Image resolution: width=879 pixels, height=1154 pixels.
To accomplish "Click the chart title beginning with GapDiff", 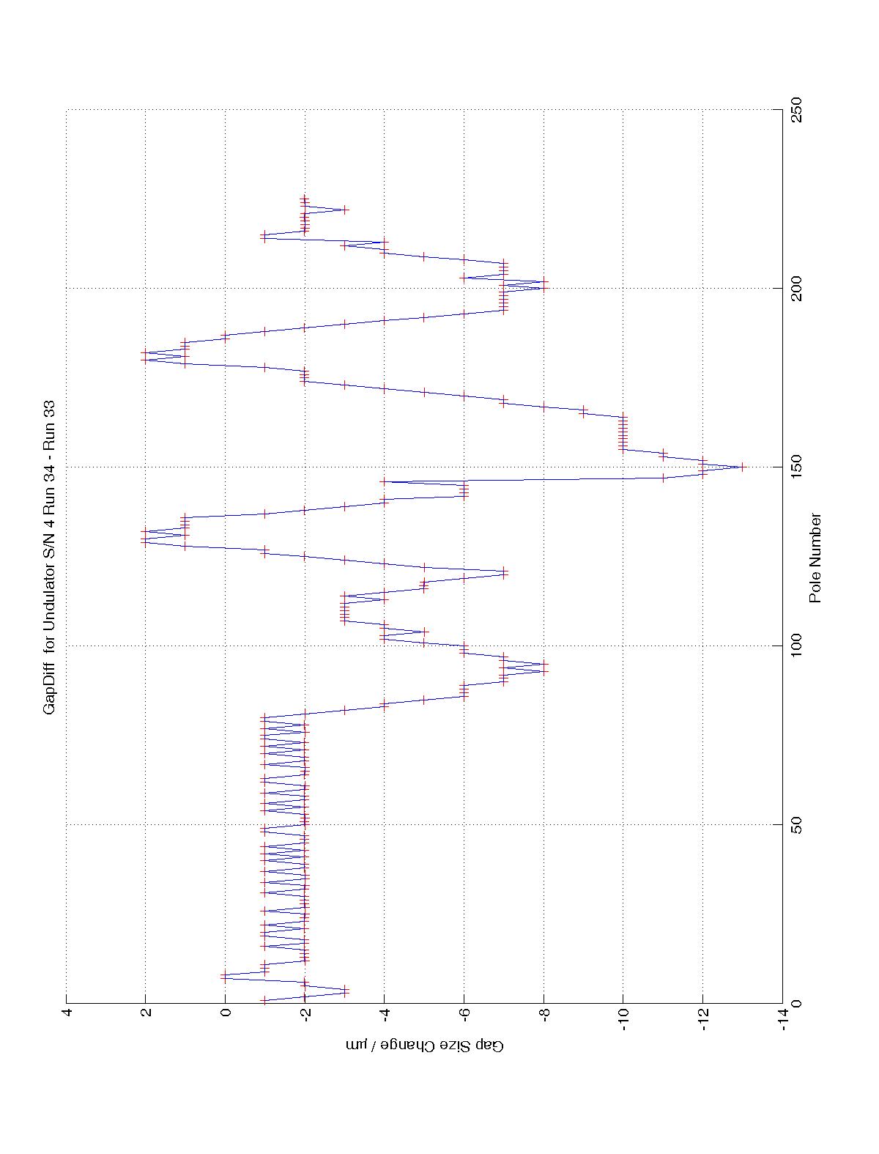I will pyautogui.click(x=50, y=557).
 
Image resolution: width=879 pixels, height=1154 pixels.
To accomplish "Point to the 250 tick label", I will pyautogui.click(x=795, y=110).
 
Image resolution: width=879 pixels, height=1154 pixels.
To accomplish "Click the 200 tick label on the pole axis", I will pyautogui.click(x=795, y=289).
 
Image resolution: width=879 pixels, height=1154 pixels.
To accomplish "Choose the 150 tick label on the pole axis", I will pyautogui.click(x=795, y=467).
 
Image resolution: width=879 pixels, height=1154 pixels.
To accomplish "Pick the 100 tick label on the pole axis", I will pyautogui.click(x=795, y=646).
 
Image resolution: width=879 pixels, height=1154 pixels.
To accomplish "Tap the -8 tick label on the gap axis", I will pyautogui.click(x=544, y=1016).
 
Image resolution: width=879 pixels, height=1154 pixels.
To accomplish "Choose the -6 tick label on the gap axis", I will pyautogui.click(x=464, y=1016).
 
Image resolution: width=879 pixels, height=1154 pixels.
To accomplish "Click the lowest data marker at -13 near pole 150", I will pyautogui.click(x=742, y=467).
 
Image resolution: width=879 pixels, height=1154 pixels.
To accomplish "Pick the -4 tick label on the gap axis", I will pyautogui.click(x=385, y=1016).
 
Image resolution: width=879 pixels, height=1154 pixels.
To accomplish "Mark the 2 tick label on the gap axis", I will pyautogui.click(x=146, y=1016).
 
